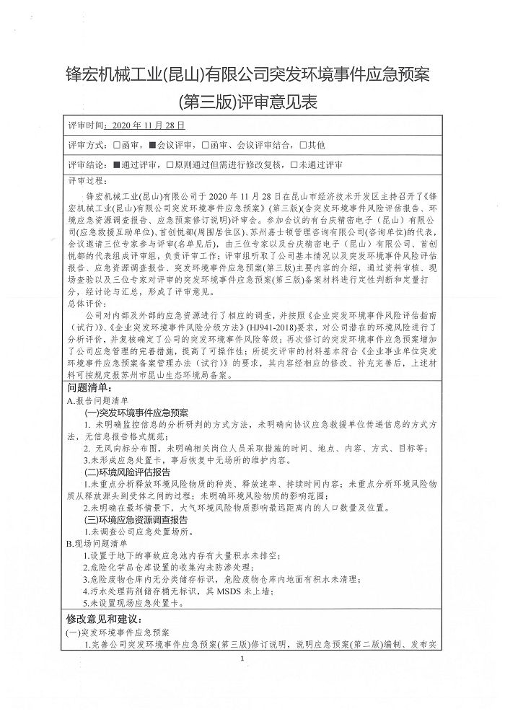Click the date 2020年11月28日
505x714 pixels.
[144, 125]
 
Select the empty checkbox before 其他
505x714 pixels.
[303, 145]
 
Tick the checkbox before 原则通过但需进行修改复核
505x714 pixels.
[170, 165]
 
